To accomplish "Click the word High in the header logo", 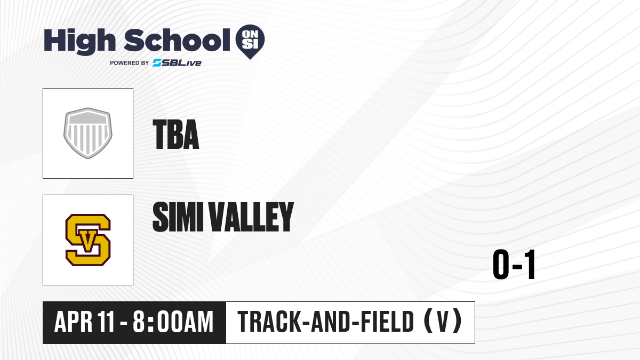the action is tap(79, 42).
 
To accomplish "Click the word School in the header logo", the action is tap(177, 41).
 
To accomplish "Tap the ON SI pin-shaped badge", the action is tap(250, 42).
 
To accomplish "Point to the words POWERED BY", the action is tap(130, 63).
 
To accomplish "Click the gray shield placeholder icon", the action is tap(88, 133).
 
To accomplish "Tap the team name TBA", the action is tap(175, 134).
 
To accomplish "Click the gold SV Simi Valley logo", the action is tap(88, 240).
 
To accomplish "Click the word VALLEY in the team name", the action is tap(252, 217).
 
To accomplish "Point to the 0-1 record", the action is tap(514, 264).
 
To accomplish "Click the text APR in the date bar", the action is tap(74, 322).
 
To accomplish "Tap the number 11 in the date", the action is tap(106, 322).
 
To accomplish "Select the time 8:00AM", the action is tap(173, 322).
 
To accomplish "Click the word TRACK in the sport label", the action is tap(269, 322).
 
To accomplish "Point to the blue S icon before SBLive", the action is tap(157, 63).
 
